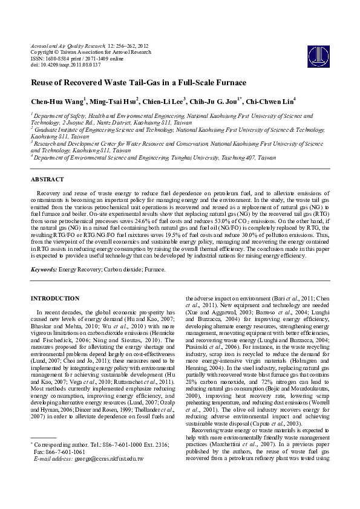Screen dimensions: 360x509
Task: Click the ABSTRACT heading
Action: [47, 180]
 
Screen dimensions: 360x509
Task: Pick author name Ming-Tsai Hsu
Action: [116, 101]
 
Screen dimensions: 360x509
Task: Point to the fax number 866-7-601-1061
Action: [65, 468]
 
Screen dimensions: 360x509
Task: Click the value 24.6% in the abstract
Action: [149, 222]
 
